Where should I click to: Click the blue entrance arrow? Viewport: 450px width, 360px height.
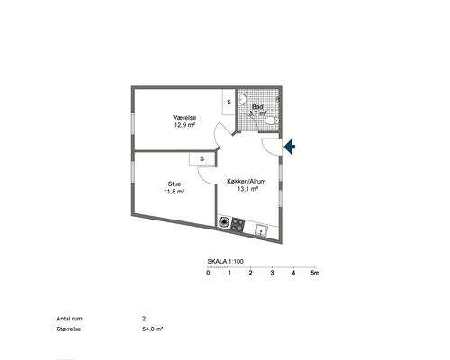(x=290, y=147)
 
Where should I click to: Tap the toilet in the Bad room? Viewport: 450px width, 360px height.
(x=272, y=121)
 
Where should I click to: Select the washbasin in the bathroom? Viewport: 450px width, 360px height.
(x=242, y=99)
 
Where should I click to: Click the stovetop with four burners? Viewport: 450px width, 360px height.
(x=238, y=225)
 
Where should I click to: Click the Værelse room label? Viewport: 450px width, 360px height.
(x=184, y=118)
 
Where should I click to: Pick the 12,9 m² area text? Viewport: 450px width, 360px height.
(x=184, y=125)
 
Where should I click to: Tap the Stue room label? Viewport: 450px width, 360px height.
(x=175, y=184)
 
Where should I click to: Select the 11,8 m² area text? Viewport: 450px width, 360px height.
(x=174, y=192)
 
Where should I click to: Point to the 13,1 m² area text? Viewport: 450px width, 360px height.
(x=247, y=189)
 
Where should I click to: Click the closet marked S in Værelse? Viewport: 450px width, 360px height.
(x=229, y=102)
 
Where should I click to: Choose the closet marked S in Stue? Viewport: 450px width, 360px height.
(x=202, y=158)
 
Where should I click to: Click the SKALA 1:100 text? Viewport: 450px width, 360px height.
(x=226, y=262)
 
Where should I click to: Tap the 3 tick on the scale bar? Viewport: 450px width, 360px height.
(x=272, y=266)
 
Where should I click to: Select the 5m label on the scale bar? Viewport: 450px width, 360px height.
(x=315, y=273)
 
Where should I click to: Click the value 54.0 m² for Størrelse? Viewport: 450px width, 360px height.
(x=153, y=329)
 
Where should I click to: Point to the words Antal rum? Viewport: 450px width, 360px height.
(x=69, y=319)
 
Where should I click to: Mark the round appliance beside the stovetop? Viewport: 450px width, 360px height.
(x=224, y=222)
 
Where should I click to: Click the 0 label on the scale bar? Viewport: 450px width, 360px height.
(x=208, y=273)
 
